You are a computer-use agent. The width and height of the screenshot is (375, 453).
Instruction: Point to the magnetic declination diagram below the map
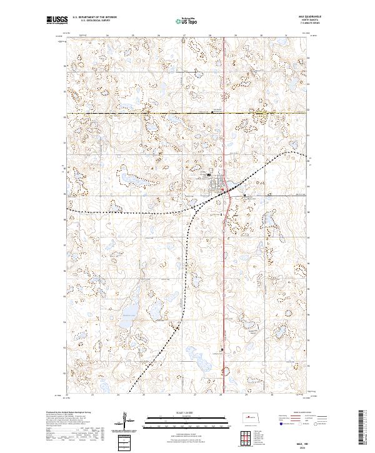[124, 421]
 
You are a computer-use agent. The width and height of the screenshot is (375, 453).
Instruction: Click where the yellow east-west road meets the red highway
[224, 113]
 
